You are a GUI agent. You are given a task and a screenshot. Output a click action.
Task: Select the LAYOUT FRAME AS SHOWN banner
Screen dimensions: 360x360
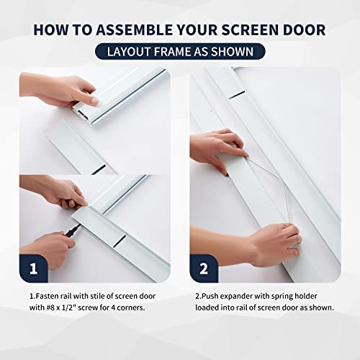click(180, 51)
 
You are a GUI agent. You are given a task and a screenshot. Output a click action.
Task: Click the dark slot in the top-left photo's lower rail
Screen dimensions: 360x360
click(99, 168)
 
